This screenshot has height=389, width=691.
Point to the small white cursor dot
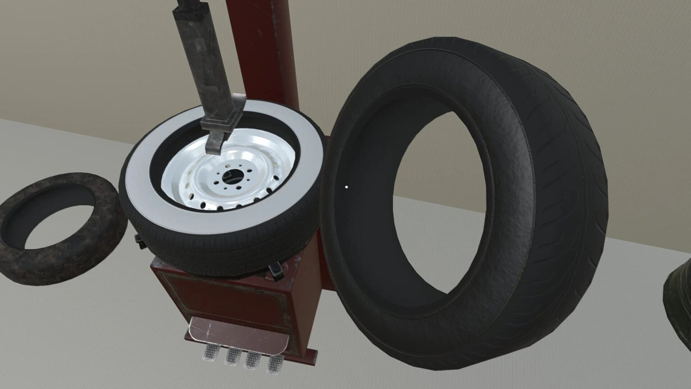[346, 187]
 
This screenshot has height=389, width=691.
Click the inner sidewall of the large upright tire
[360, 216]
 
